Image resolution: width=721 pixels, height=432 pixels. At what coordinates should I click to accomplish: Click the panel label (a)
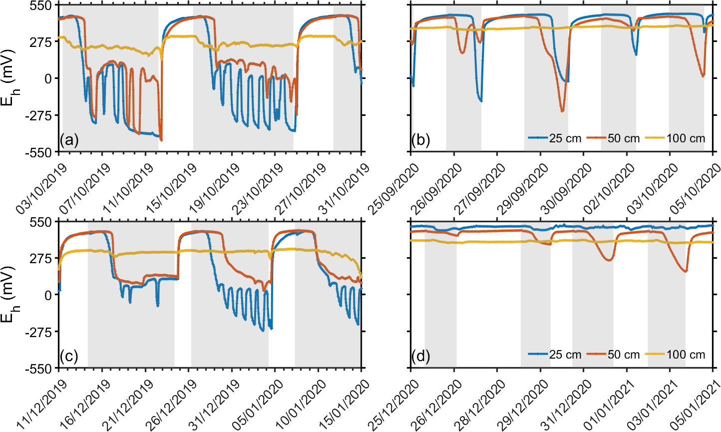[69, 140]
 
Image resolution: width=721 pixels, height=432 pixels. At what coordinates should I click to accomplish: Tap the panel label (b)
[420, 140]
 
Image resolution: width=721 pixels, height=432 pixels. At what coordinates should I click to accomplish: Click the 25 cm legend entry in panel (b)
[555, 138]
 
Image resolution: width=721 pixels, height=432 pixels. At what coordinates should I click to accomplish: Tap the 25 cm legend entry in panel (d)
[555, 355]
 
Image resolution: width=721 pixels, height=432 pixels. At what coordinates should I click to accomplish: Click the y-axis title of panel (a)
[11, 78]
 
